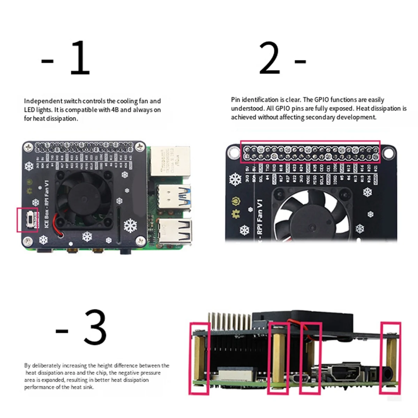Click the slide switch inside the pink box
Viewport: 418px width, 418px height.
(x=32, y=219)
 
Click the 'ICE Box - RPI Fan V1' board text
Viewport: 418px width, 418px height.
(x=47, y=204)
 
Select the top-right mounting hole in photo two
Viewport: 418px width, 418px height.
(x=387, y=153)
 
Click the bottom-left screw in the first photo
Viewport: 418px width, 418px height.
(x=28, y=240)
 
